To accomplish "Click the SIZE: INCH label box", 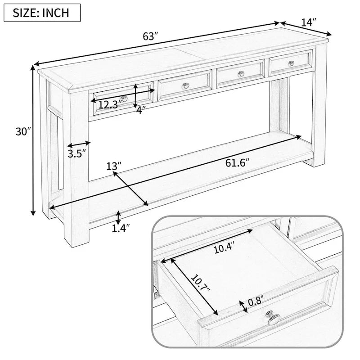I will pyautogui.click(x=42, y=12).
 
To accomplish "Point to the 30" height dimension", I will pyautogui.click(x=21, y=132).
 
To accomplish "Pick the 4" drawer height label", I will pyautogui.click(x=141, y=109).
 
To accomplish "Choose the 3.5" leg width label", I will pyautogui.click(x=77, y=154).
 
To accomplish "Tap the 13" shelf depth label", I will pyautogui.click(x=114, y=166).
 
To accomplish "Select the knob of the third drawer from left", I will pyautogui.click(x=240, y=73).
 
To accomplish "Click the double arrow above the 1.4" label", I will pyautogui.click(x=118, y=217).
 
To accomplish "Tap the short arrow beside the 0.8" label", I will pyautogui.click(x=244, y=306).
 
